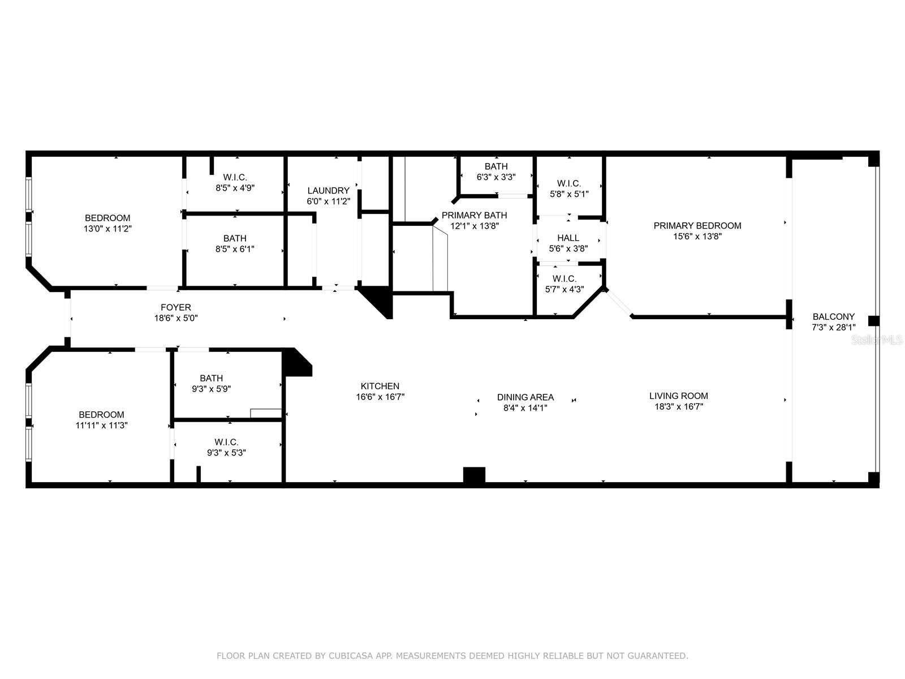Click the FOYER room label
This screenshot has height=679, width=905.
click(176, 307)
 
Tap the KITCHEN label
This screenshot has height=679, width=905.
click(380, 386)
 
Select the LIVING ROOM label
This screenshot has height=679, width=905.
click(679, 396)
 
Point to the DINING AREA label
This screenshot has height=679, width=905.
click(525, 397)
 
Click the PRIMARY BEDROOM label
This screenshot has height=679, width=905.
click(697, 226)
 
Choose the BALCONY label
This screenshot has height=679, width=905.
click(833, 317)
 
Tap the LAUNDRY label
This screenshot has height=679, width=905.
click(328, 191)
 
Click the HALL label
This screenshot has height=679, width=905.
click(568, 238)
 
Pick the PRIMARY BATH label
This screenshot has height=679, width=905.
click(474, 215)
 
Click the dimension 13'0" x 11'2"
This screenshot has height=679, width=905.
click(107, 229)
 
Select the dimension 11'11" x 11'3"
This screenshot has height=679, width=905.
click(101, 425)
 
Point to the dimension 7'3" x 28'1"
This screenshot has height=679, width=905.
click(833, 328)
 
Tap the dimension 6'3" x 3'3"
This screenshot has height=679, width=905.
click(496, 177)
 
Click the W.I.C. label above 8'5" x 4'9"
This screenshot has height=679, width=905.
click(235, 177)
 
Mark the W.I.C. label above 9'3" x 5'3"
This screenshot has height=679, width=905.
click(226, 442)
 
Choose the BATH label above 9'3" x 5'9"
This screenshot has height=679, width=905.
click(211, 378)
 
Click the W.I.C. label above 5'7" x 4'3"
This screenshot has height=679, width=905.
click(564, 279)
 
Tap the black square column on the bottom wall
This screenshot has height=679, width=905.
click(474, 475)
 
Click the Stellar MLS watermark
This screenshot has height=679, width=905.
click(877, 340)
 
